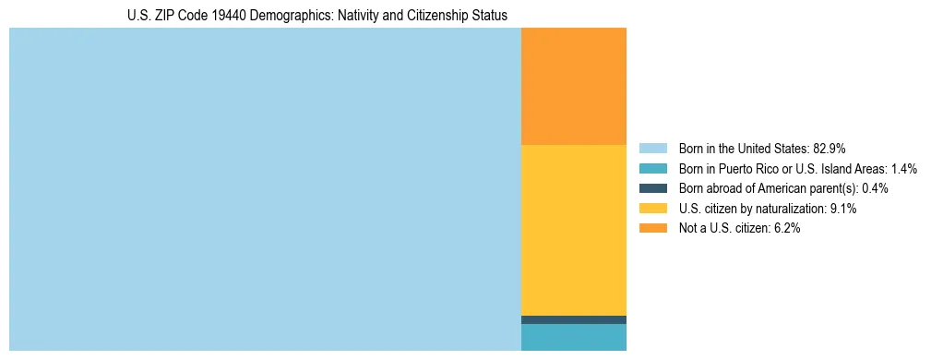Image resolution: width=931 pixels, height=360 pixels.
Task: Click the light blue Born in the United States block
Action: pyautogui.click(x=265, y=189)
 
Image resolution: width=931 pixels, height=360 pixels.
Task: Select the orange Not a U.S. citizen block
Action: pyautogui.click(x=574, y=86)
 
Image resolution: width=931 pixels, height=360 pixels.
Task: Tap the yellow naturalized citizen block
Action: pyautogui.click(x=574, y=230)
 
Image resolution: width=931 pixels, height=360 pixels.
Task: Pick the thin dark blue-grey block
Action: pyautogui.click(x=574, y=319)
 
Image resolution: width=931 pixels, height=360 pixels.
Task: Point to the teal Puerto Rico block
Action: pyautogui.click(x=574, y=337)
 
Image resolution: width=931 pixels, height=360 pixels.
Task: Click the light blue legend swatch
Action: pyautogui.click(x=652, y=149)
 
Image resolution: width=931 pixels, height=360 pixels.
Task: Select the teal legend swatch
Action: pyautogui.click(x=652, y=169)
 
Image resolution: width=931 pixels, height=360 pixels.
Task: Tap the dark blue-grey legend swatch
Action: pyautogui.click(x=652, y=188)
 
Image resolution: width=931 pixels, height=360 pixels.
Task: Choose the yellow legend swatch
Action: pyautogui.click(x=652, y=209)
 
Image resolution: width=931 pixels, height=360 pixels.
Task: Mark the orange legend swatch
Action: pyautogui.click(x=652, y=228)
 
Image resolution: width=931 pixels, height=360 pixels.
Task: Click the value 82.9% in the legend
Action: pyautogui.click(x=830, y=149)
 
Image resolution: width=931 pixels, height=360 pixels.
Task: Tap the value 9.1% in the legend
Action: pyautogui.click(x=843, y=209)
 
